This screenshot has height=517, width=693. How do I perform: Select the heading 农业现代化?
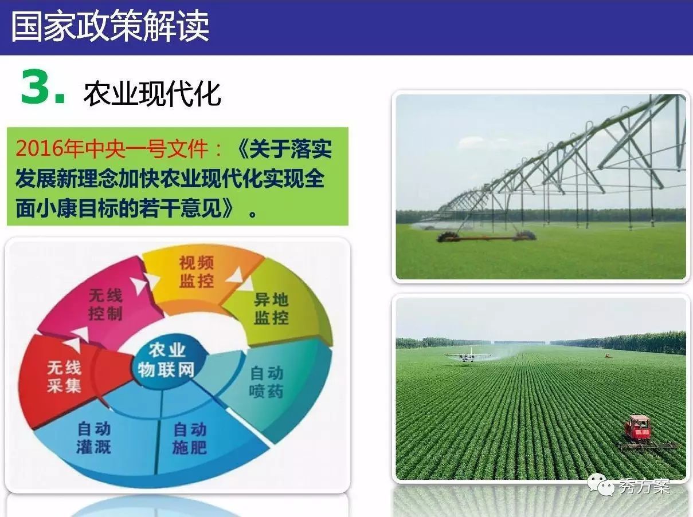point(152,94)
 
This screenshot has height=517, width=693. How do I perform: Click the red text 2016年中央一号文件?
point(112,148)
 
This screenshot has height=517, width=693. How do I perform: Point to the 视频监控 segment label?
point(197,272)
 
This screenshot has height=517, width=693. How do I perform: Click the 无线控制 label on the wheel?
point(105,304)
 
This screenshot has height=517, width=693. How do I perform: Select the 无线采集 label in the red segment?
point(64,377)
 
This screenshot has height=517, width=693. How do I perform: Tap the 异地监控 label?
point(271,309)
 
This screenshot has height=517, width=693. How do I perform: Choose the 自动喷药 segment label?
point(266,382)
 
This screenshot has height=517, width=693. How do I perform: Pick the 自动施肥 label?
point(190,438)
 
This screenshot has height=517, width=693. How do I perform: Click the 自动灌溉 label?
point(94,437)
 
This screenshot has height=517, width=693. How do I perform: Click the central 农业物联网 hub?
point(167,360)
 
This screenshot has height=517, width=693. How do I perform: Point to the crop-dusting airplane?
point(468,356)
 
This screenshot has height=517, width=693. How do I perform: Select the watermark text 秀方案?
point(644,486)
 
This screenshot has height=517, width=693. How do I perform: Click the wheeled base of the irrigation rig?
point(486,236)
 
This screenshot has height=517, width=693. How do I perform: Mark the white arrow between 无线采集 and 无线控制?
point(77,339)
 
